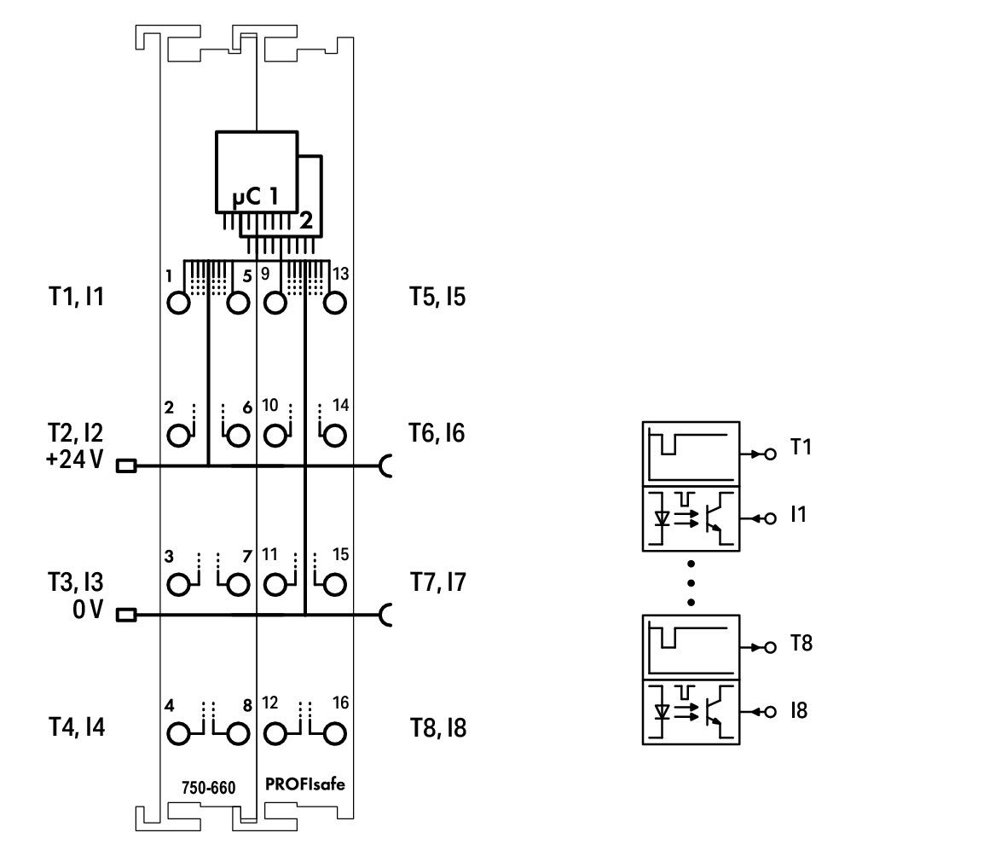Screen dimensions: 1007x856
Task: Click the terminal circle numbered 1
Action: pos(178,303)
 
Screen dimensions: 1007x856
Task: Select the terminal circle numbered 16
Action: pos(334,733)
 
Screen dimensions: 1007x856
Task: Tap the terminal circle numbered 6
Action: pos(238,436)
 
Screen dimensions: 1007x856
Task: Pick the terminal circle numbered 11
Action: pos(275,584)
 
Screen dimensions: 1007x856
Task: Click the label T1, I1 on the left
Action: pos(76,297)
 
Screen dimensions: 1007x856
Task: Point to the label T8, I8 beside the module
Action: pos(438,728)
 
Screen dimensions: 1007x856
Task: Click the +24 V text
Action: pos(74,460)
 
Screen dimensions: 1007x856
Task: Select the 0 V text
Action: pos(87,610)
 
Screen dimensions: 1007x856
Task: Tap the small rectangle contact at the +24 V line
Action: pos(126,466)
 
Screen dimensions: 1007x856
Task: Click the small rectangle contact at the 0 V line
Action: pos(126,616)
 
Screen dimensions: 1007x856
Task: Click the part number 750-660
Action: pos(209,788)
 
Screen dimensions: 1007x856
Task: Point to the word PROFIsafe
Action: pos(305,784)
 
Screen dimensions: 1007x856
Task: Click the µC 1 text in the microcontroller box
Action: pos(255,196)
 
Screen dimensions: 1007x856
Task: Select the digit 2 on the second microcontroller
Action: pos(306,220)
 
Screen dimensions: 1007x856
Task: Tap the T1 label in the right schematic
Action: pos(801,447)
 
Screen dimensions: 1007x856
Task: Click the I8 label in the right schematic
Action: pos(799,710)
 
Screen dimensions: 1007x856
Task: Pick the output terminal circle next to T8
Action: pos(771,647)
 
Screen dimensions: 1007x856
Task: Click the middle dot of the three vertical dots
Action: pos(691,583)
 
